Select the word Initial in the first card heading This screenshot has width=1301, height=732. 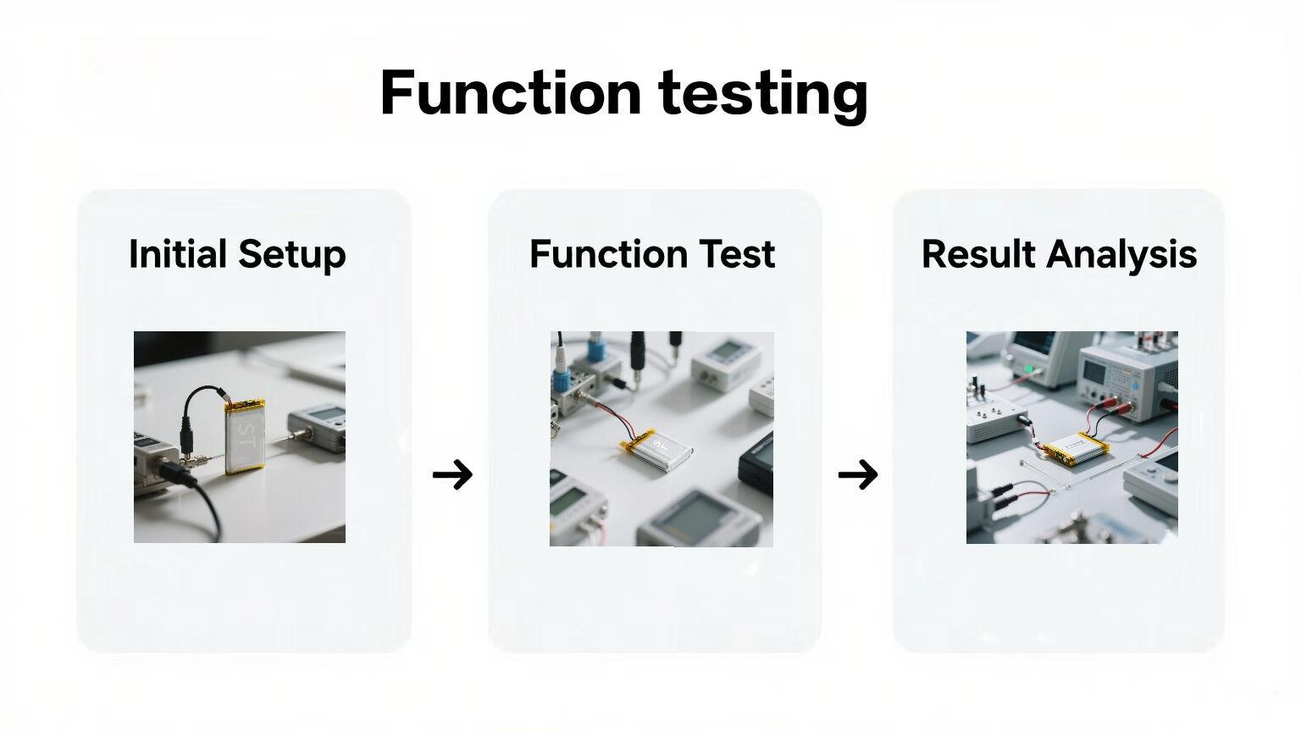tap(177, 253)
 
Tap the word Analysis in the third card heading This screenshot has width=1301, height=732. tap(1121, 255)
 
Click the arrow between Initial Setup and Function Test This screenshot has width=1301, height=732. tap(452, 474)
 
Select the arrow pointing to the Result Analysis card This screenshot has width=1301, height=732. tap(857, 474)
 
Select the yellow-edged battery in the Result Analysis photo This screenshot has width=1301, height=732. tap(1075, 448)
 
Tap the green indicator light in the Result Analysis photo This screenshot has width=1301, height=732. tap(1029, 369)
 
